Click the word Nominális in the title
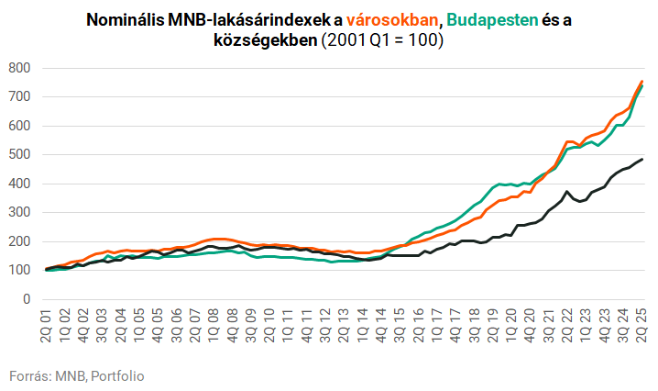click(127, 18)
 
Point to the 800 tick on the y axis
click(19, 68)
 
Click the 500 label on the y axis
click(19, 154)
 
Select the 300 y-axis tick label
click(19, 212)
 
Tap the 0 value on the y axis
click(27, 299)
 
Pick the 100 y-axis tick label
click(19, 270)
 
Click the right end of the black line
click(642, 160)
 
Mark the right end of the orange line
click(642, 81)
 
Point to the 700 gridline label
click(19, 96)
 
